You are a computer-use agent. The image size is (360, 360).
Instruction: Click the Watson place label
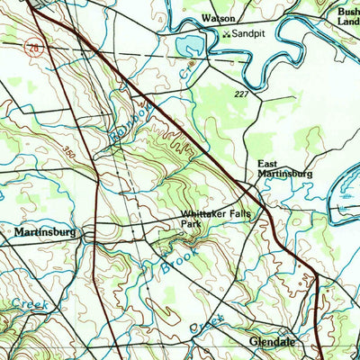[218, 18]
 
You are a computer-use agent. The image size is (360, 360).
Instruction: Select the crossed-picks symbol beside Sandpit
[225, 33]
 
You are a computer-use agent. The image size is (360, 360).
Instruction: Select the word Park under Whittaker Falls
[189, 225]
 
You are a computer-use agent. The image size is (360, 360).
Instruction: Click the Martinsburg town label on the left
[45, 232]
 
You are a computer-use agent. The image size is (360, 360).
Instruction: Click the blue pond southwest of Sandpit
[190, 46]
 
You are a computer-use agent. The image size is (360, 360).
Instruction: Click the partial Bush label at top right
[347, 13]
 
